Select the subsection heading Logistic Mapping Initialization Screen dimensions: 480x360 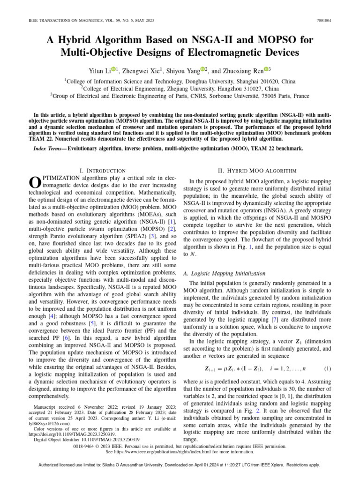pos(226,273)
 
